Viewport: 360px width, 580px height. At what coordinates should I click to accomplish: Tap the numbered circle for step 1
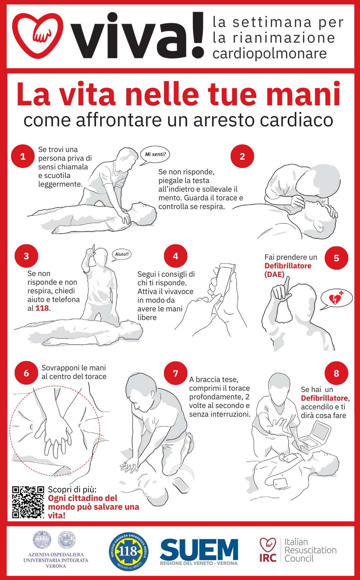pos(23,156)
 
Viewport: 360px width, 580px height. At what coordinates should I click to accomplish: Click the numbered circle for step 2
pos(242,156)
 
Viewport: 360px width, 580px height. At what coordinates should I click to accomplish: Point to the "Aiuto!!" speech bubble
pos(122,254)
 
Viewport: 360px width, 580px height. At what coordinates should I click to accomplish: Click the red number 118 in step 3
pos(42,308)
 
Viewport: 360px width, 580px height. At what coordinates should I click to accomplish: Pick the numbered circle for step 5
pos(336,258)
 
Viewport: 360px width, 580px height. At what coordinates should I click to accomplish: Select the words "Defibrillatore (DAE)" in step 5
pos(288,270)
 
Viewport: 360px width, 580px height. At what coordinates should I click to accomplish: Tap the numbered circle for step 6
pos(26,373)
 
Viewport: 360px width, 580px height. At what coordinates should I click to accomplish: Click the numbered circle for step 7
pos(176,373)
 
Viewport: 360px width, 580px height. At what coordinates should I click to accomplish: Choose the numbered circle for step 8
pos(336,373)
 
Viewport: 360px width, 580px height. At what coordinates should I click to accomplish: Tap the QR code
pos(28,502)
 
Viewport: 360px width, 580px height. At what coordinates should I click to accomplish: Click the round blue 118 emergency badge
pos(129,551)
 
